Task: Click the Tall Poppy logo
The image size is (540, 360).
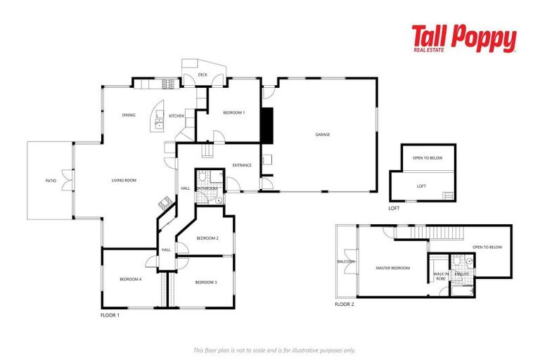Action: pyautogui.click(x=463, y=39)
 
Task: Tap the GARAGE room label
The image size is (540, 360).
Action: pyautogui.click(x=323, y=134)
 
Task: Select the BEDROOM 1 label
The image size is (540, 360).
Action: pyautogui.click(x=233, y=112)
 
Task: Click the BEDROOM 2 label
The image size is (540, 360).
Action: pyautogui.click(x=207, y=238)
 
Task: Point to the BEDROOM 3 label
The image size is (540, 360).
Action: pyautogui.click(x=205, y=282)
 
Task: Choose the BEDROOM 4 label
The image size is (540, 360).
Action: pyautogui.click(x=130, y=279)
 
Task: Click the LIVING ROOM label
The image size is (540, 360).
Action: pyautogui.click(x=124, y=181)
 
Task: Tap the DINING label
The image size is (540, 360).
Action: pyautogui.click(x=128, y=115)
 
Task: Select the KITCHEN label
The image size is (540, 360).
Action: pyautogui.click(x=176, y=115)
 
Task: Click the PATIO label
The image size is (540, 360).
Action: pyautogui.click(x=51, y=181)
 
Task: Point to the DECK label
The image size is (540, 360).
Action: pyautogui.click(x=202, y=75)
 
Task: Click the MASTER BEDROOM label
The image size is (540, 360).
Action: pyautogui.click(x=393, y=268)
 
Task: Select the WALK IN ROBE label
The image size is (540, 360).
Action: pyautogui.click(x=441, y=276)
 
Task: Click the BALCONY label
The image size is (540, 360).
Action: pyautogui.click(x=346, y=262)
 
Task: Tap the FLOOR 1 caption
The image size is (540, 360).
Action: pyautogui.click(x=110, y=316)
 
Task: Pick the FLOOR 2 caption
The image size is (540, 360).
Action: pyautogui.click(x=345, y=304)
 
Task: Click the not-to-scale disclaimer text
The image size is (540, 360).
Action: pyautogui.click(x=274, y=349)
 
